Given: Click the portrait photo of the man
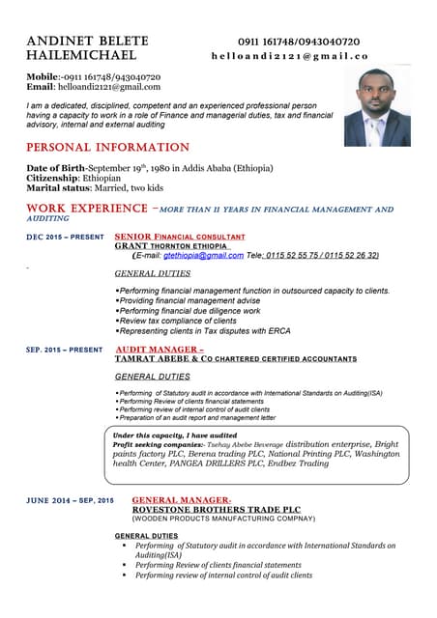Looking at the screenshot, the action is [x=378, y=107].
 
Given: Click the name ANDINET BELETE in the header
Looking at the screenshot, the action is [x=87, y=42].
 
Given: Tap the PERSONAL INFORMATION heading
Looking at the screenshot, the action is [x=107, y=148].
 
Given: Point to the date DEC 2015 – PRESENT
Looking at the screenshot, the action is [x=65, y=237].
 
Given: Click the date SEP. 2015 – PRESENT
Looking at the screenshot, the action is [x=64, y=350].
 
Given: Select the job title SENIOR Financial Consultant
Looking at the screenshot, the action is [x=179, y=237].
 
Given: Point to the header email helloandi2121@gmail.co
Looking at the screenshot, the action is [x=290, y=57].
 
